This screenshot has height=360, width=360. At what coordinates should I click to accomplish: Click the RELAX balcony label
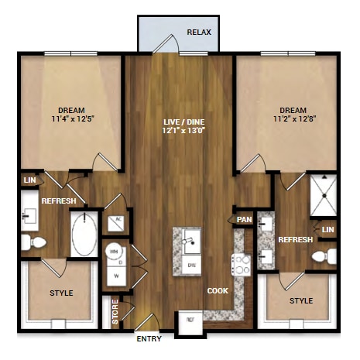click(x=200, y=33)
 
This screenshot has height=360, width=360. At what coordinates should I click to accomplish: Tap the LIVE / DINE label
click(x=179, y=122)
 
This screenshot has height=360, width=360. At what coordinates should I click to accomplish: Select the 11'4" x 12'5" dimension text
click(x=71, y=120)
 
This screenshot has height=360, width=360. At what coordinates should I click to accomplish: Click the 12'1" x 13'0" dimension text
click(x=179, y=132)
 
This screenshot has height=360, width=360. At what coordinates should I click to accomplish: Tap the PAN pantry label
click(x=245, y=220)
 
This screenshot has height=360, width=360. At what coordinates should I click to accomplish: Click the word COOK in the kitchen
click(x=217, y=291)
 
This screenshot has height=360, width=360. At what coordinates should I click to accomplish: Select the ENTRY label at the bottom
click(x=149, y=339)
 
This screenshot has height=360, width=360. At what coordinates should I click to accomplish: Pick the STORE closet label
click(x=115, y=311)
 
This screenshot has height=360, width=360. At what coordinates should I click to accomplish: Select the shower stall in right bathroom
click(x=324, y=196)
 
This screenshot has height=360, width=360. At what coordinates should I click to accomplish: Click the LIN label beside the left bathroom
click(x=29, y=180)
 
